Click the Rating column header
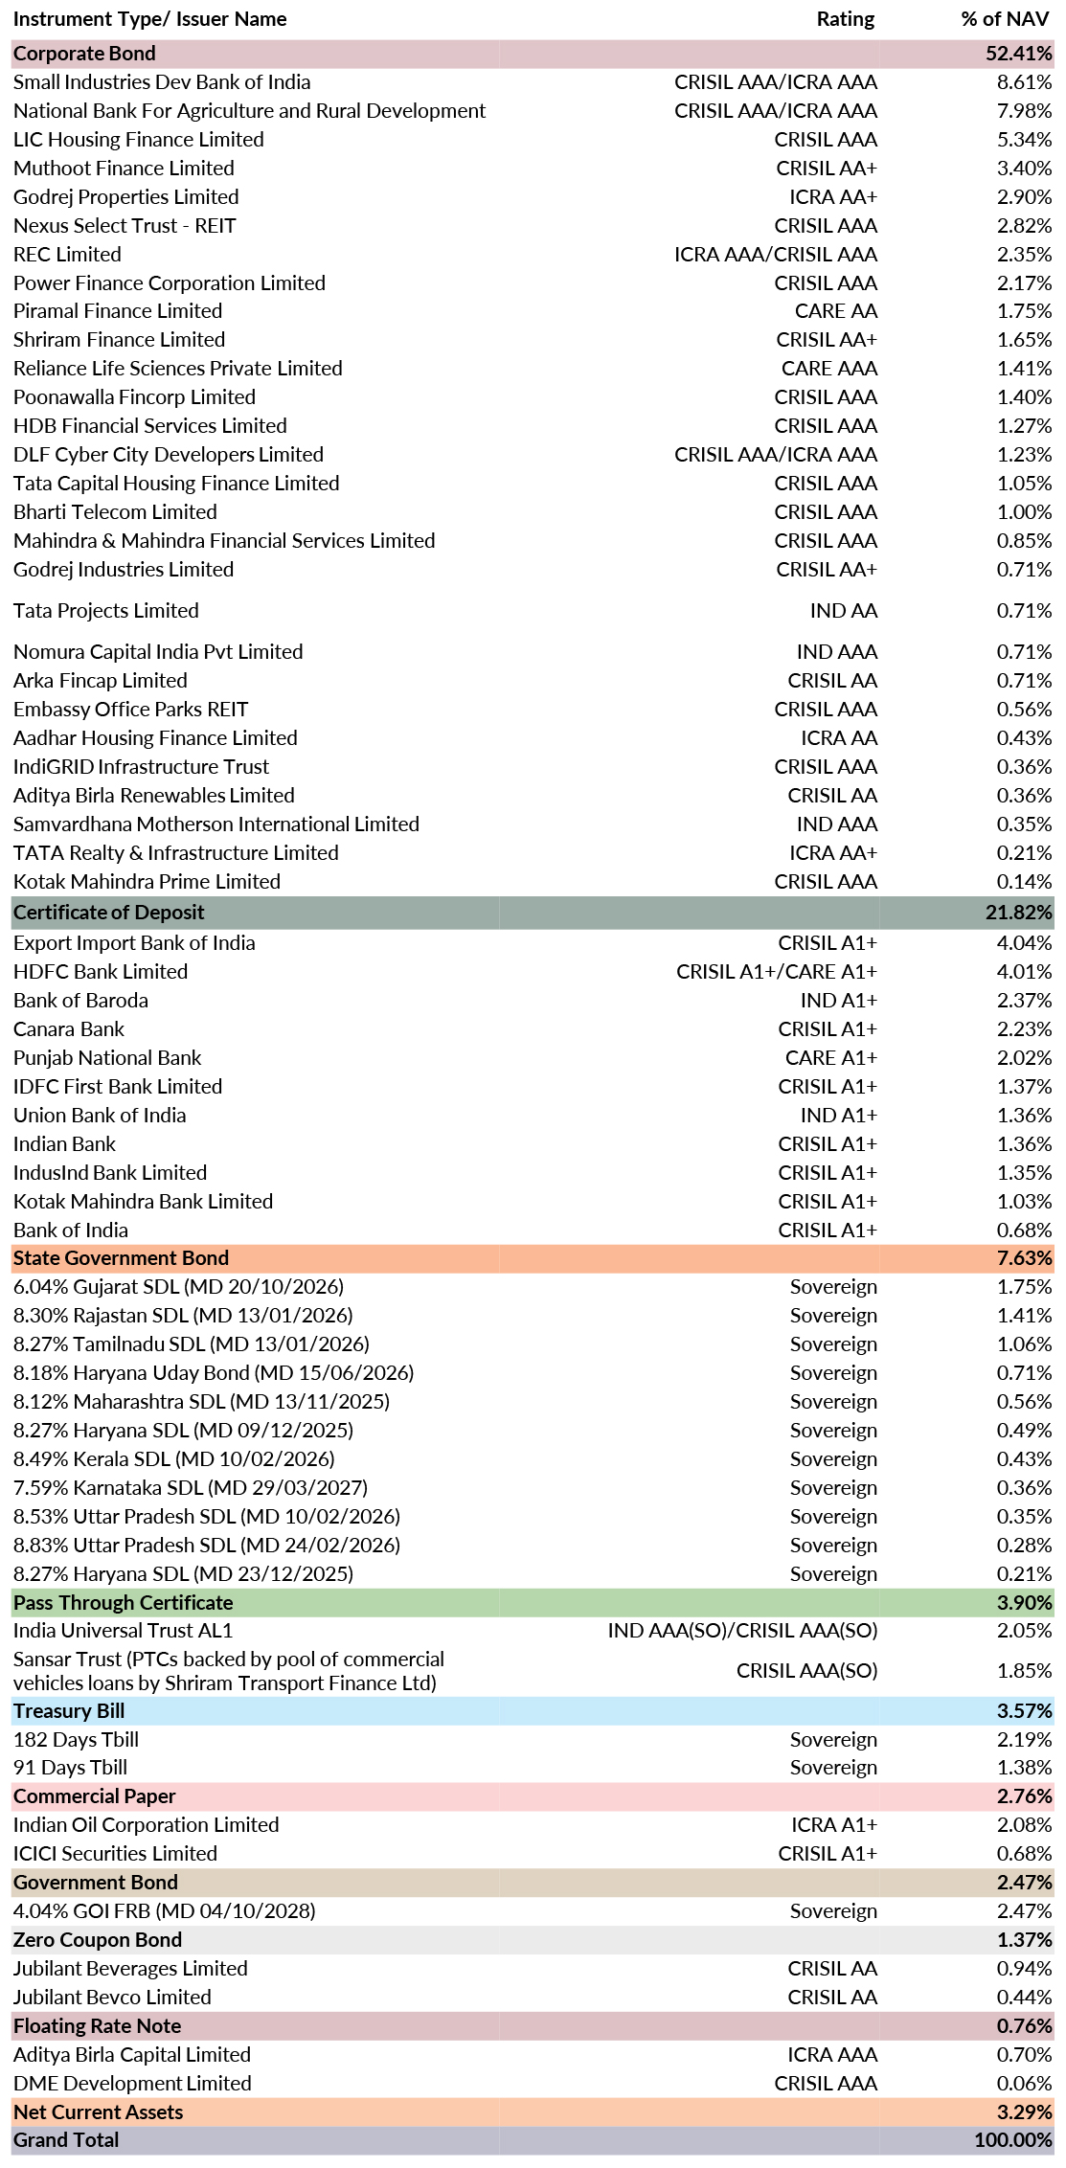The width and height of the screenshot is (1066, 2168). tap(845, 19)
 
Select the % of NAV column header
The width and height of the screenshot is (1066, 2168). tap(1005, 19)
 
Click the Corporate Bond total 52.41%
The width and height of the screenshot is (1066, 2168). tap(1019, 54)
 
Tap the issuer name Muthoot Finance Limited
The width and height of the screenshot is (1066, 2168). tap(124, 169)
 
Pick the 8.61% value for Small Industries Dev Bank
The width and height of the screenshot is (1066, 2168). tap(1024, 82)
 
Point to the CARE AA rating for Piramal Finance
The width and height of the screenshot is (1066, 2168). tap(835, 311)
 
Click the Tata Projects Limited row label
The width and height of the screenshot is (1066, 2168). tap(106, 611)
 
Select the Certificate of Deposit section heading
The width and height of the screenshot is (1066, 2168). tap(109, 913)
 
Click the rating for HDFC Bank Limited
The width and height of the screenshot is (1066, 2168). tap(777, 972)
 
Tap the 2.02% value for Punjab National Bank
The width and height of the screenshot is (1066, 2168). tap(1024, 1058)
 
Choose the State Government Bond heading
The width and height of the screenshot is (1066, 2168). tap(121, 1258)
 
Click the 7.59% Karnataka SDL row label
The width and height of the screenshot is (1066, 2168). tap(191, 1488)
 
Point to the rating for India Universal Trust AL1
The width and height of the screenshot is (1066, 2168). tap(742, 1631)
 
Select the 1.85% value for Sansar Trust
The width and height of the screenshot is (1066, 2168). tap(1024, 1671)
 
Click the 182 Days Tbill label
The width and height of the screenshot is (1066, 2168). tap(76, 1740)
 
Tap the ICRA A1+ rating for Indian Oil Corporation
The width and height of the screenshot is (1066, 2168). tap(834, 1825)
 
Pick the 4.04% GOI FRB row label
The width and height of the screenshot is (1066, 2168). tap(164, 1911)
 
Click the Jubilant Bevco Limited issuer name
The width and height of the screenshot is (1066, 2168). tap(112, 1998)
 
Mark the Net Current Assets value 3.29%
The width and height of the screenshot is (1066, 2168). tap(1024, 2112)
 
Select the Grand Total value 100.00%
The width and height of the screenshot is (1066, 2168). tap(1013, 2140)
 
